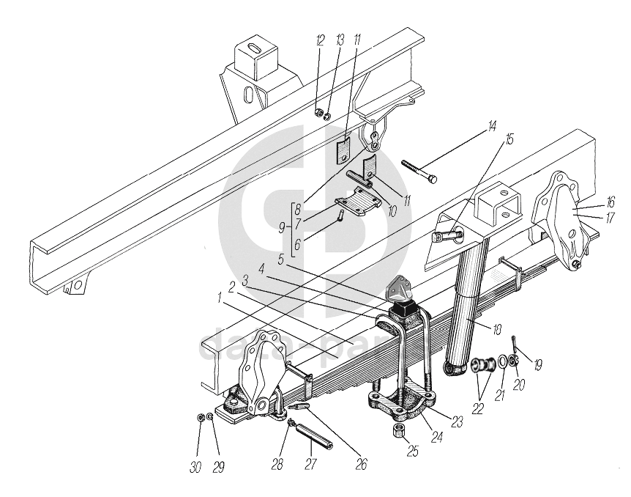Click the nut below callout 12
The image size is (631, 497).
click(x=319, y=111)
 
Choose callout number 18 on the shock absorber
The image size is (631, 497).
click(x=497, y=331)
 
